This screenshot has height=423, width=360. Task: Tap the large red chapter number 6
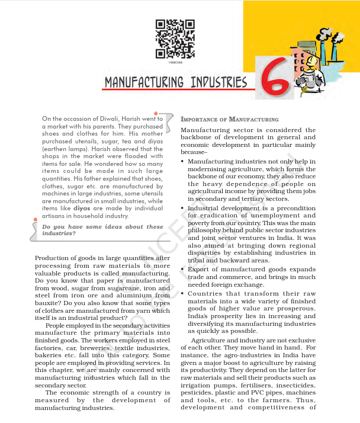pos(276,76)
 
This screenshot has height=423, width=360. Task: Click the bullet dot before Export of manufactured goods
pos(182,269)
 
